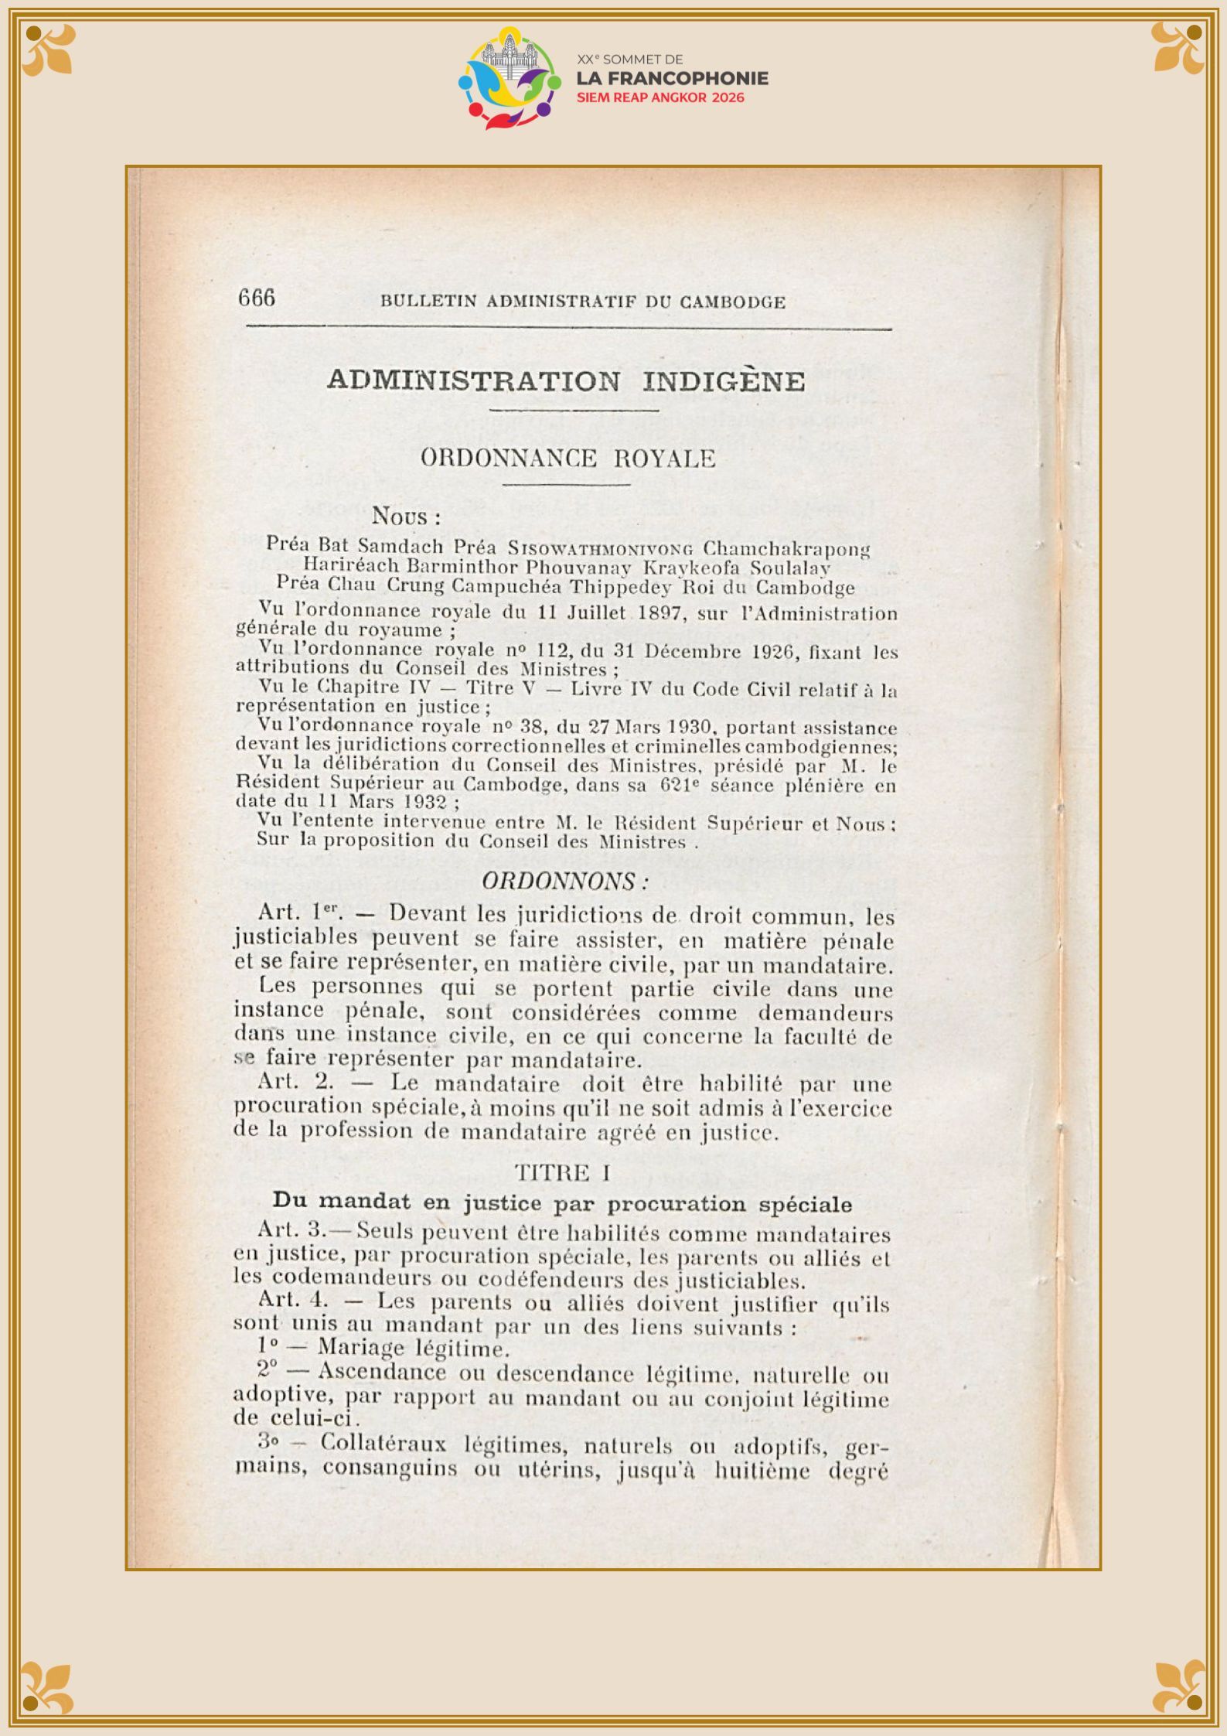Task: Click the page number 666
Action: (257, 298)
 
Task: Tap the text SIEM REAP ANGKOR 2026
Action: (660, 98)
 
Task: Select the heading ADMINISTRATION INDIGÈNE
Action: (566, 380)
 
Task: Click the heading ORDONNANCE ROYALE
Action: (567, 459)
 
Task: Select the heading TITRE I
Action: (563, 1173)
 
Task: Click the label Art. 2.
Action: (296, 1082)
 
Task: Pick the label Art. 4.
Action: (293, 1301)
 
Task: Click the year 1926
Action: (774, 652)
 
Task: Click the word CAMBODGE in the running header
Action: (732, 302)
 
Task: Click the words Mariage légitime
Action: (413, 1348)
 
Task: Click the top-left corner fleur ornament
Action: (49, 49)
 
